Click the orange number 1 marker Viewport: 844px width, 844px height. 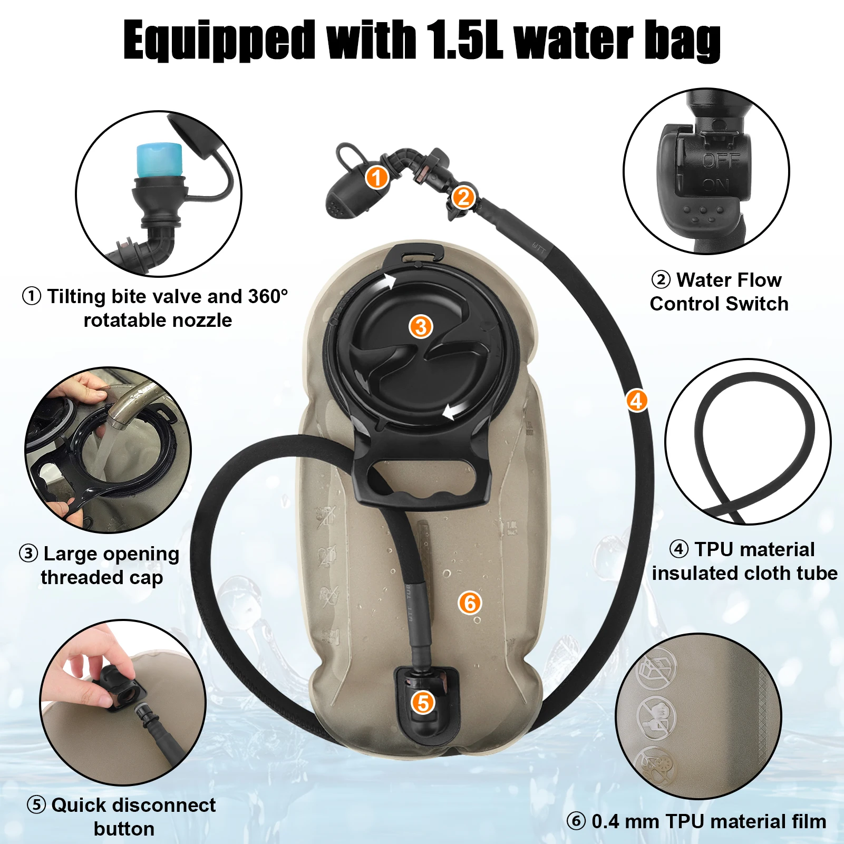click(x=377, y=178)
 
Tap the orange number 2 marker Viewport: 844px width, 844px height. click(x=463, y=197)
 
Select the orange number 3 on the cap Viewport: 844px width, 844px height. click(x=421, y=327)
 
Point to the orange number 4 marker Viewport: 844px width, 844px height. click(x=637, y=401)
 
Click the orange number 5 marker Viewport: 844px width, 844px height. click(x=423, y=702)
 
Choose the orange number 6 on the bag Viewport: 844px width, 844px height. click(x=470, y=603)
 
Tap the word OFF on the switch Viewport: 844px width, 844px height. click(x=721, y=160)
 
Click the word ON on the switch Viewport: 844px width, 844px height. click(x=715, y=185)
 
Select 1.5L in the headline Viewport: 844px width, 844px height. click(x=464, y=40)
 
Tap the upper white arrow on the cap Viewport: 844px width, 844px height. click(x=390, y=281)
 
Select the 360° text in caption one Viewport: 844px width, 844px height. click(x=268, y=296)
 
